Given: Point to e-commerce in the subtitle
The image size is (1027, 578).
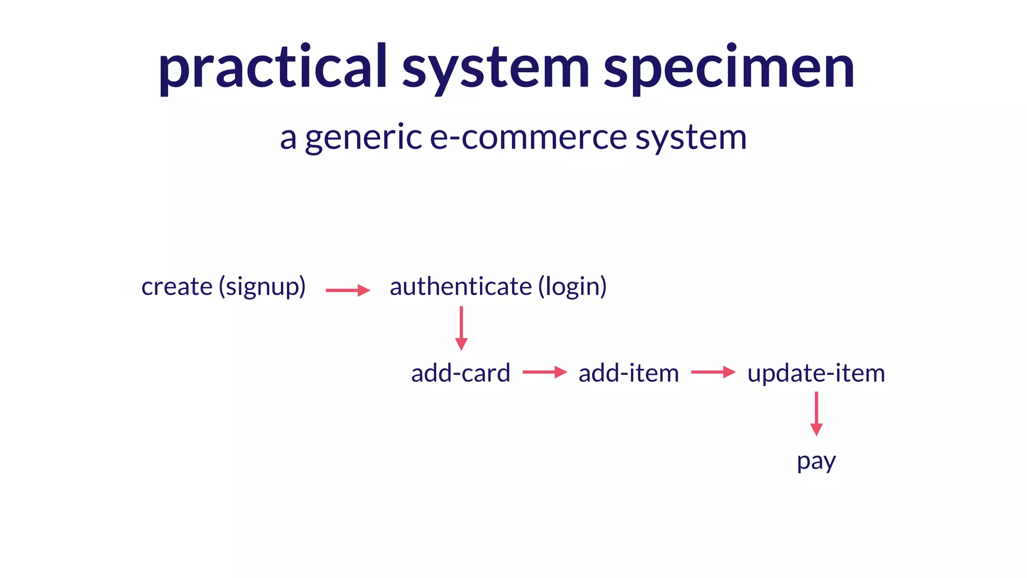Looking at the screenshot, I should pos(529,137).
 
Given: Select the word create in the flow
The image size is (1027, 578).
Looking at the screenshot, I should pos(177,287).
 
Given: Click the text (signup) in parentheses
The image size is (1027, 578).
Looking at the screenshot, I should pos(262,287).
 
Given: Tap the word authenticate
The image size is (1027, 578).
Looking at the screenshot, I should pos(461,287).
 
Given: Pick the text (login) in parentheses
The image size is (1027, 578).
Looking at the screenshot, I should pos(572,287).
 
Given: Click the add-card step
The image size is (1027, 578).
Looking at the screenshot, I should pos(460,373).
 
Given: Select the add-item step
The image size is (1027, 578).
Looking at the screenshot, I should pos(629,373).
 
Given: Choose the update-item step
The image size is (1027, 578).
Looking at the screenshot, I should pos(816,373).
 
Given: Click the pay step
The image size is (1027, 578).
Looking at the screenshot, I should pos(816,461).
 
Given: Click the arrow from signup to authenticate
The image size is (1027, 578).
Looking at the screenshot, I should pos(348,291).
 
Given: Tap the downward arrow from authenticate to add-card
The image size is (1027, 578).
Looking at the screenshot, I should pos(461,328).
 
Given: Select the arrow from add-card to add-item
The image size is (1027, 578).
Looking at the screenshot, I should pos(545,372).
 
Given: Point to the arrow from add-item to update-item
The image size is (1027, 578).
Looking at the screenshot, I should pos(713,372).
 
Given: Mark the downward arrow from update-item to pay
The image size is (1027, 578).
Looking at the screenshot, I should pos(816,413).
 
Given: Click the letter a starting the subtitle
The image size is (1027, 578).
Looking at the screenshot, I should pos(288,137).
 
